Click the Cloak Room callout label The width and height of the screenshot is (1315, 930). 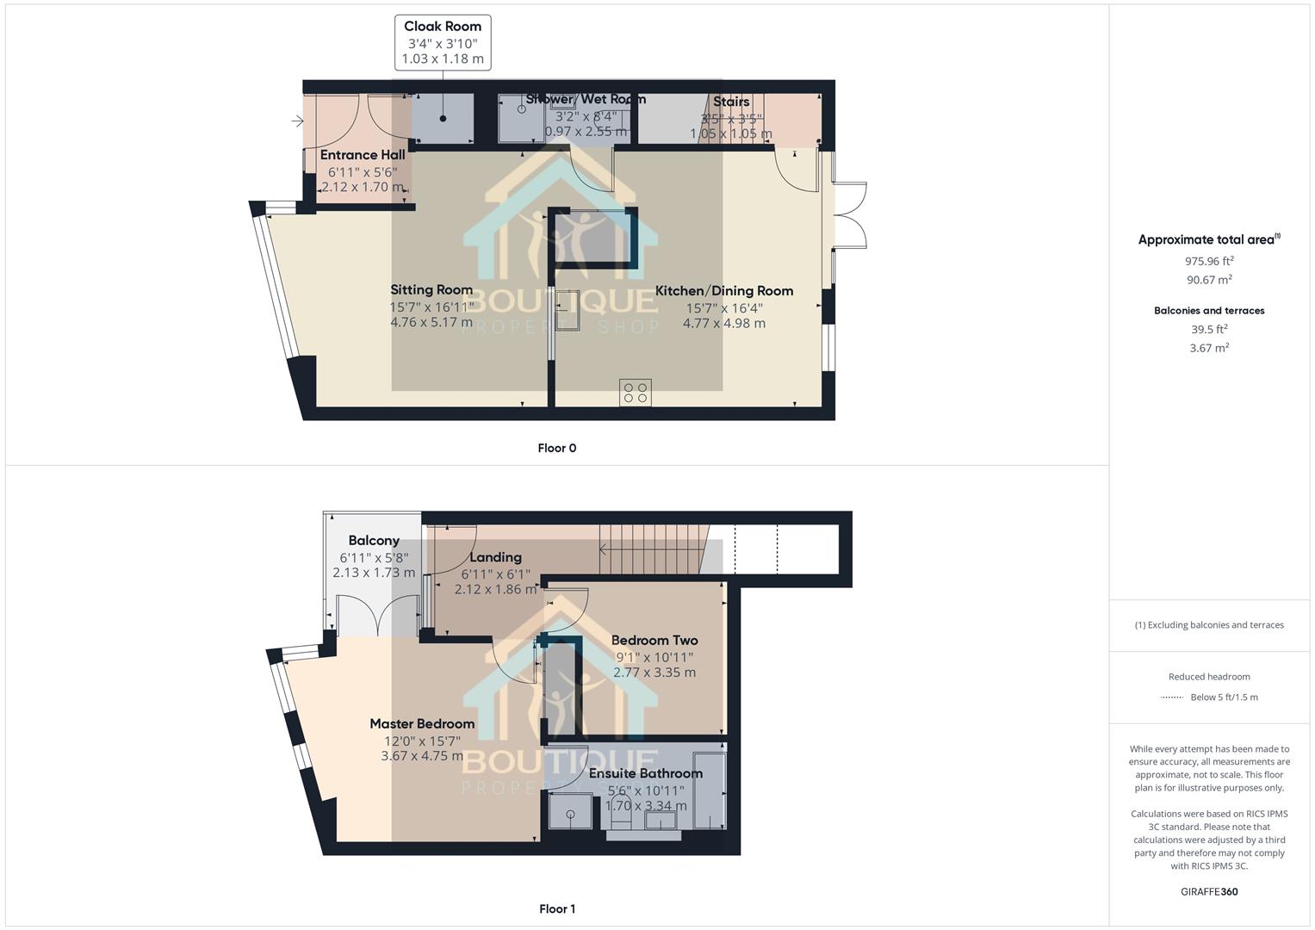click(443, 27)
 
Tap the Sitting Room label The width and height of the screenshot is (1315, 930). click(431, 290)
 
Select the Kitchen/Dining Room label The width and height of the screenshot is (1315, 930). click(723, 291)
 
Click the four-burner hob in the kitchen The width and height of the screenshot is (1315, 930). click(636, 393)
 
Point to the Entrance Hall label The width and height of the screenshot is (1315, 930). click(363, 155)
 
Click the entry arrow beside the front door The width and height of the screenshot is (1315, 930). click(298, 121)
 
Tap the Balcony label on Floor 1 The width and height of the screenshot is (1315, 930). click(374, 541)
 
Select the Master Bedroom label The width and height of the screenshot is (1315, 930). click(422, 724)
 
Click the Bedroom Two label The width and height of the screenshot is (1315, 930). click(654, 641)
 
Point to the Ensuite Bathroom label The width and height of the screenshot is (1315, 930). click(646, 773)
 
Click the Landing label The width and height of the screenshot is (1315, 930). click(495, 557)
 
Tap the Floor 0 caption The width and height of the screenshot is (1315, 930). click(556, 448)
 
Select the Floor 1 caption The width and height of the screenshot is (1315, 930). click(556, 908)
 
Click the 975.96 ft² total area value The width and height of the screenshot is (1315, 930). click(1209, 261)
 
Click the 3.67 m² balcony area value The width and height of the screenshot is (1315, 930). click(1209, 348)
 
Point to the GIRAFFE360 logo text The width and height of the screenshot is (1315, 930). click(1209, 891)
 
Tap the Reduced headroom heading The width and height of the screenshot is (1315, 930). click(1209, 677)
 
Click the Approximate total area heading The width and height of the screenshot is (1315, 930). click(1208, 240)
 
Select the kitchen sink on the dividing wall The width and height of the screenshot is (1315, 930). click(568, 310)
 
